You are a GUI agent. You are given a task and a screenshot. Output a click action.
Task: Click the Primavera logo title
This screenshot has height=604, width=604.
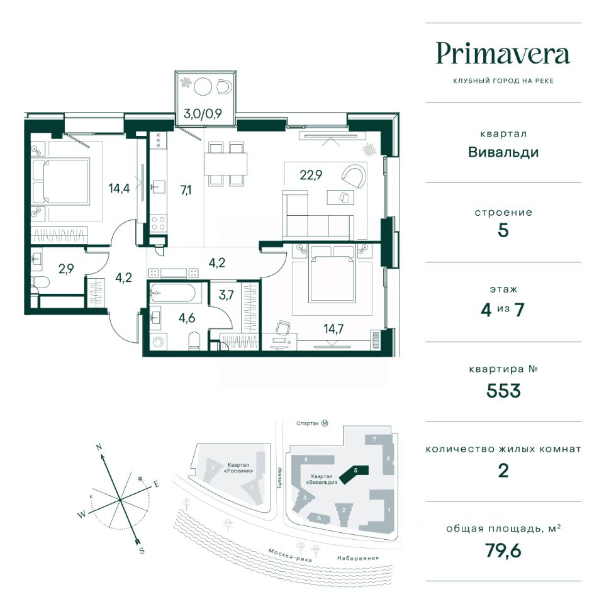click(503, 55)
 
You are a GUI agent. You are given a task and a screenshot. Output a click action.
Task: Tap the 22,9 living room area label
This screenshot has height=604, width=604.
click(311, 176)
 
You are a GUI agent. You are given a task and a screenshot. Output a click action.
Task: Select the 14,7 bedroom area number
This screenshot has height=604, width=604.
click(333, 329)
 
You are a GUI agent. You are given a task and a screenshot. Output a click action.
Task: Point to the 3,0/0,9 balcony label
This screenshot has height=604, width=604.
click(203, 114)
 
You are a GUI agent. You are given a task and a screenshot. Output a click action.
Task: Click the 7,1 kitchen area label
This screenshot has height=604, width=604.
click(186, 190)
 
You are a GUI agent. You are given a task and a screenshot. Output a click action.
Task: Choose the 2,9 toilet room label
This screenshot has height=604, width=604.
click(66, 269)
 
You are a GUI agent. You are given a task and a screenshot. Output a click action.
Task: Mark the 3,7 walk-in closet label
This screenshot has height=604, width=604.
click(226, 295)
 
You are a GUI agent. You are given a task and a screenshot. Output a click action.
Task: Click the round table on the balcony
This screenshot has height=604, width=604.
click(203, 87)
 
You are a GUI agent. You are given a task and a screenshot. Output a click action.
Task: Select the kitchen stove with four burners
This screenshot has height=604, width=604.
click(159, 223)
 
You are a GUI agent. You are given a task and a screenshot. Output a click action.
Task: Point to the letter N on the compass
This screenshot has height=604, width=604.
click(99, 447)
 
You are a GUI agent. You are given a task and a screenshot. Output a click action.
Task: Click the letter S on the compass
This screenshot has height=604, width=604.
click(142, 551)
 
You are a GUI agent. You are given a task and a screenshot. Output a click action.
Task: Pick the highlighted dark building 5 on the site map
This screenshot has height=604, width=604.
click(354, 474)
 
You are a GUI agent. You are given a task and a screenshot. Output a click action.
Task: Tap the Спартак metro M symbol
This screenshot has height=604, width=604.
click(325, 423)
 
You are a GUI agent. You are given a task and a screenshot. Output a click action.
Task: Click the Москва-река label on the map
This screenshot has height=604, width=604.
click(290, 555)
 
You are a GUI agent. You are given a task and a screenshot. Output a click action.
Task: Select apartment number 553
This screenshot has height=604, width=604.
click(503, 391)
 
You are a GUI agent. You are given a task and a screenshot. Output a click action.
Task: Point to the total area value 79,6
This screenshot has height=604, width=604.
click(503, 551)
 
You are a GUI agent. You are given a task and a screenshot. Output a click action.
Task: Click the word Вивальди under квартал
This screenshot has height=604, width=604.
click(503, 152)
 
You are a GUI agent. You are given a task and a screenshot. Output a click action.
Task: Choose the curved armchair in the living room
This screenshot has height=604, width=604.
click(353, 177)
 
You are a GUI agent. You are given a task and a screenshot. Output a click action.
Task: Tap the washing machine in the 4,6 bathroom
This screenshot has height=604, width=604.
click(158, 342)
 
